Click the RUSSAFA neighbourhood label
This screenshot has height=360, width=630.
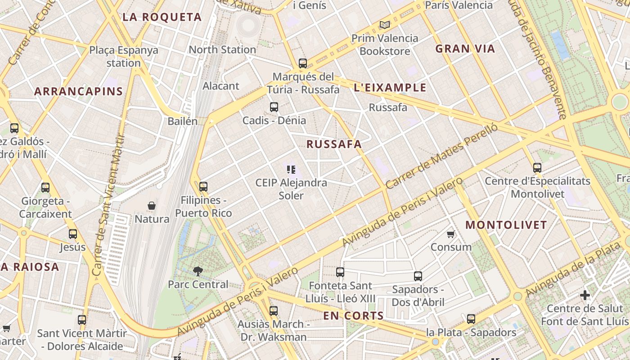pyautogui.click(x=334, y=144)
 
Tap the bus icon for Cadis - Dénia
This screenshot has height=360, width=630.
pyautogui.click(x=274, y=107)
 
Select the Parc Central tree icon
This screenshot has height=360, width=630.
pyautogui.click(x=198, y=271)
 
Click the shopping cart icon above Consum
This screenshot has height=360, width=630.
pyautogui.click(x=451, y=234)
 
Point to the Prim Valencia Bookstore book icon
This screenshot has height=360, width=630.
pyautogui.click(x=384, y=25)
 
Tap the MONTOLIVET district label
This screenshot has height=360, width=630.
pyautogui.click(x=506, y=225)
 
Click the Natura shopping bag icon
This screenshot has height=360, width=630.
pyautogui.click(x=152, y=206)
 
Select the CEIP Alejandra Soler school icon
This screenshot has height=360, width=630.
pyautogui.click(x=291, y=170)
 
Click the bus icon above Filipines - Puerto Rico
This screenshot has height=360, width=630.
pyautogui.click(x=203, y=186)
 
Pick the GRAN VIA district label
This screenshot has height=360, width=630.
pyautogui.click(x=465, y=49)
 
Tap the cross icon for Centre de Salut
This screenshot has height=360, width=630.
pyautogui.click(x=585, y=296)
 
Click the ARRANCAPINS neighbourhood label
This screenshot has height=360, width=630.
pyautogui.click(x=79, y=91)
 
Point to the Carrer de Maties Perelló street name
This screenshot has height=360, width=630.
pyautogui.click(x=441, y=156)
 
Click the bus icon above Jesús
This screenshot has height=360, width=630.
pyautogui.click(x=73, y=234)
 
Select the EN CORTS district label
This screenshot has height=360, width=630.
pyautogui.click(x=353, y=316)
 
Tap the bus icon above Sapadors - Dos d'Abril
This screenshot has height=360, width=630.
pyautogui.click(x=418, y=276)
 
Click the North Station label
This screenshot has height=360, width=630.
pyautogui.click(x=222, y=49)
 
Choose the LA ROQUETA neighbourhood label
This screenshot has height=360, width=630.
pyautogui.click(x=162, y=17)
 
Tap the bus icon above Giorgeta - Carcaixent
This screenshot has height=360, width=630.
pyautogui.click(x=45, y=187)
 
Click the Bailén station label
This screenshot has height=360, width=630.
pyautogui.click(x=182, y=121)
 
